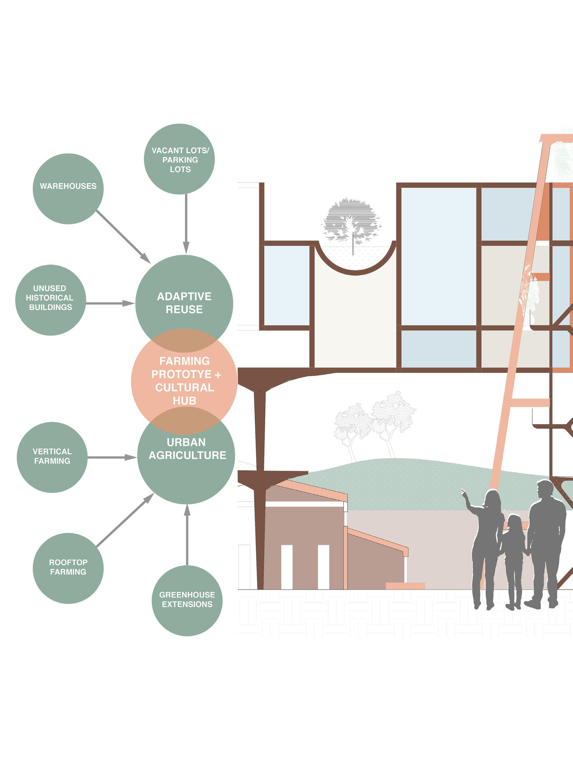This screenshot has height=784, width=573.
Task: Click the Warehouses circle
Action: (x=68, y=188)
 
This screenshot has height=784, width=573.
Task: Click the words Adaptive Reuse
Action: (x=184, y=303)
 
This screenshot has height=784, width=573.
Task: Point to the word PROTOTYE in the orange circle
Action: (x=181, y=374)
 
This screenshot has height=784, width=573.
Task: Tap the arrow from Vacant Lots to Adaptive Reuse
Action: (x=186, y=224)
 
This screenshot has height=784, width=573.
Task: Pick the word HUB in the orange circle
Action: (x=184, y=401)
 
